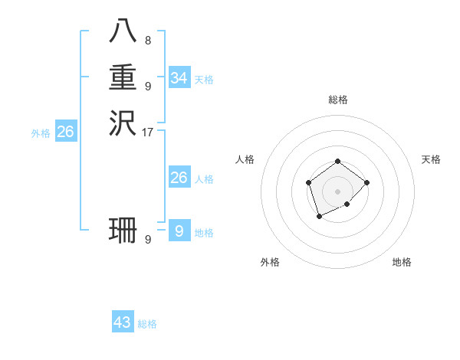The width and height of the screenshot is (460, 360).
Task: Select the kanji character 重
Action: pos(123,77)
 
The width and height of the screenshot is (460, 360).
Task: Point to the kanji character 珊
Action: pos(123,230)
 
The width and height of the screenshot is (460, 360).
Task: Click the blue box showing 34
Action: pos(179,77)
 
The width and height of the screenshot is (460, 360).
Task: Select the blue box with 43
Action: pos(123,322)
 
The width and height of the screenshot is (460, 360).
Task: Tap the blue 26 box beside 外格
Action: pos(66,132)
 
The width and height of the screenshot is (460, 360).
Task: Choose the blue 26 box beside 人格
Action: pos(179,178)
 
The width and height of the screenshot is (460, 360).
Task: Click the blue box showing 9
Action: pos(179,231)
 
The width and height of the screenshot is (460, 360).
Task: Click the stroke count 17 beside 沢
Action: pos(148,132)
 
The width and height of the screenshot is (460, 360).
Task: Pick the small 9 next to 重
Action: pos(147,86)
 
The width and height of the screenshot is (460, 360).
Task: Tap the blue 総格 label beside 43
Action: pos(147,324)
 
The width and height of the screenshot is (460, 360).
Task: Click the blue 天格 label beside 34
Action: pos(204,80)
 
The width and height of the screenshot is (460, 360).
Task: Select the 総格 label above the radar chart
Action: pos(337,100)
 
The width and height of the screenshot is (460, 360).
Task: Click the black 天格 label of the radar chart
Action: pos(431,159)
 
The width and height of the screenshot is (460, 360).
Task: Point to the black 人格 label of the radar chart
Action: pos(245,159)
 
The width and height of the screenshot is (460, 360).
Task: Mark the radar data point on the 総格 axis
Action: pos(337,161)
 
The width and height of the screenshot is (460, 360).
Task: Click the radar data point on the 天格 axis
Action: pos(367,182)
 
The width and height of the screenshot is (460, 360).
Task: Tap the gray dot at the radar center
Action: pos(337,191)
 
